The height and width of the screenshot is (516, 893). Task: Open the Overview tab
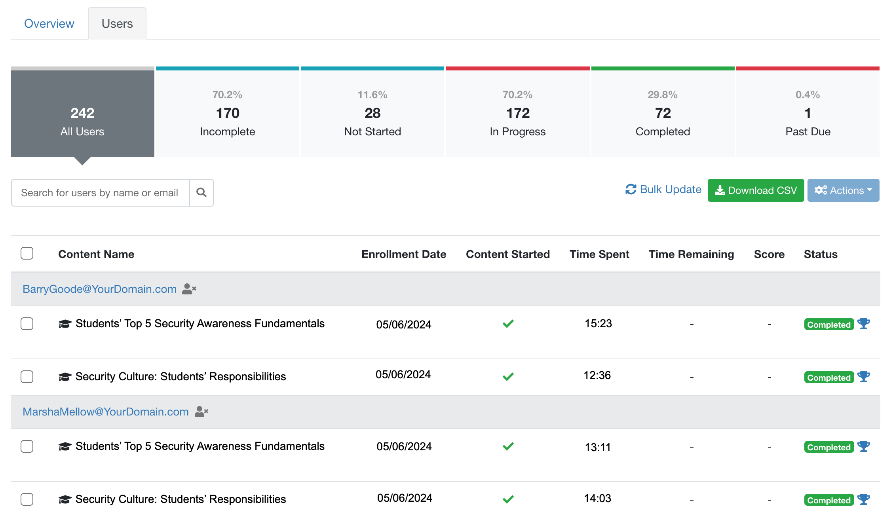point(49,24)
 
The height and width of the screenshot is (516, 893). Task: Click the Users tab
point(117,24)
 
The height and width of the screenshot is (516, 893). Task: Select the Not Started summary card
point(372,114)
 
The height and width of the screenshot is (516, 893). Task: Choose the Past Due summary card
point(808,114)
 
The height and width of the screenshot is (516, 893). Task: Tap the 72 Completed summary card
point(663,114)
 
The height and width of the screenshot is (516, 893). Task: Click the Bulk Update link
point(663,190)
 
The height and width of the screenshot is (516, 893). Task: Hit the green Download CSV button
point(756,190)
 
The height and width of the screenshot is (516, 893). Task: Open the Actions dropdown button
point(843,190)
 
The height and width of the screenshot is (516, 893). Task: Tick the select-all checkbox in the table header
point(27,253)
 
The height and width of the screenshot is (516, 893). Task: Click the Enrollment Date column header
point(404,254)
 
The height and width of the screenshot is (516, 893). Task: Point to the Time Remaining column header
point(691,254)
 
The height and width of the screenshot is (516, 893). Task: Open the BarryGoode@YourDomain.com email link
point(99,289)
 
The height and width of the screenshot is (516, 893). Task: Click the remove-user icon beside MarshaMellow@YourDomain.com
point(201,412)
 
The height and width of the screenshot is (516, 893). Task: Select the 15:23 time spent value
point(598,324)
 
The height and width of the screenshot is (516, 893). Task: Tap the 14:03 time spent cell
point(597,499)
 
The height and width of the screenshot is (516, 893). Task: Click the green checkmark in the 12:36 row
point(508,377)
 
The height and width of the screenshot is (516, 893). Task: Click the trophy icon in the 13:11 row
point(864,446)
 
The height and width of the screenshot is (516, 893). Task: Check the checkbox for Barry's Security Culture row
point(27,377)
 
